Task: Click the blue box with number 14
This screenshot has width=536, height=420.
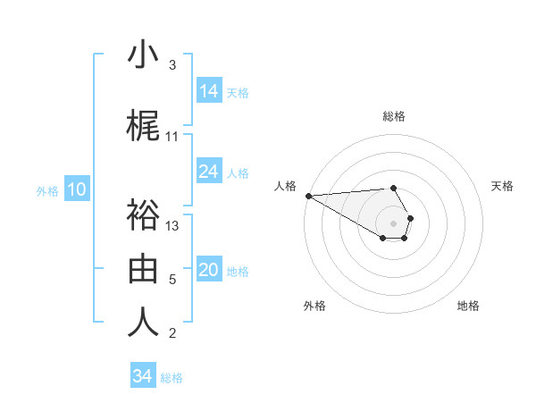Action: [209, 91]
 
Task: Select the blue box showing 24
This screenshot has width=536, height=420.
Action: [209, 172]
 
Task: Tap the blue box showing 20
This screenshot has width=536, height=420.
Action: [209, 271]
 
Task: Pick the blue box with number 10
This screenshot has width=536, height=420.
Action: [76, 189]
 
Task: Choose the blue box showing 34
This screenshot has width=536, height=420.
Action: [143, 376]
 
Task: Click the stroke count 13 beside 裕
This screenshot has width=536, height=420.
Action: [173, 225]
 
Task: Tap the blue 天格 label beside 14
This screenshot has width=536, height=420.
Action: [238, 92]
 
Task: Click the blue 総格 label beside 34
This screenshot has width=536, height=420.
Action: [172, 378]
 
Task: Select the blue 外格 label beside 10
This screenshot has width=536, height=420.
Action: [47, 190]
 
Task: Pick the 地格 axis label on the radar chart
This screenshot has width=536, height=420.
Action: [468, 306]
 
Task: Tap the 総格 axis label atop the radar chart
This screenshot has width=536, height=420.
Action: [394, 116]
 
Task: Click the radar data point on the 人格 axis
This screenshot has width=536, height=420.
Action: [308, 196]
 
